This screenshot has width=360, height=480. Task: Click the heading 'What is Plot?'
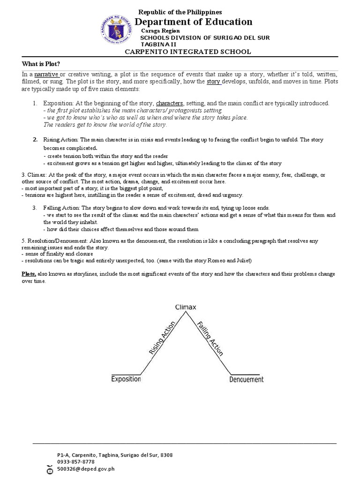click(41, 64)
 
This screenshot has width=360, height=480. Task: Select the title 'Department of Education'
click(194, 22)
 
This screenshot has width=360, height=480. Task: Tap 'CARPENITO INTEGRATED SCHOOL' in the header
click(187, 52)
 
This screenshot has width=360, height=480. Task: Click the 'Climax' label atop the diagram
click(186, 307)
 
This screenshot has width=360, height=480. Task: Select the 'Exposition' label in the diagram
click(126, 379)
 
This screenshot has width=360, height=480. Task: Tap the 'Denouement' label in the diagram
click(246, 379)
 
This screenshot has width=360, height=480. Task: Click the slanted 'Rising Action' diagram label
click(162, 337)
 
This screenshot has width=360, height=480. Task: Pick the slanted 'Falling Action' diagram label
click(210, 338)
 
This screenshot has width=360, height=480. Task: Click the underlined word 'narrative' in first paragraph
click(46, 75)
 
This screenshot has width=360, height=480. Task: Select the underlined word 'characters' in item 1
click(169, 103)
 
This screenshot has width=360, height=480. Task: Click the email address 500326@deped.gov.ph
click(86, 468)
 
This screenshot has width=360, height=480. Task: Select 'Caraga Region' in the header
click(160, 30)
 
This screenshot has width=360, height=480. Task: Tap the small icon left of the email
click(50, 469)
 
